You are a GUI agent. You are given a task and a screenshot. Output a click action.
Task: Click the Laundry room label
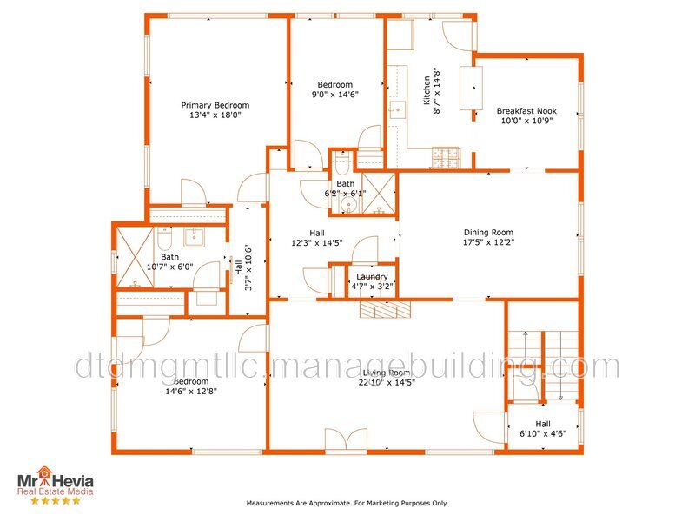pyautogui.click(x=372, y=276)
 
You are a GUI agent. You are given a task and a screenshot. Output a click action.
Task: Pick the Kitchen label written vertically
pyautogui.click(x=427, y=90)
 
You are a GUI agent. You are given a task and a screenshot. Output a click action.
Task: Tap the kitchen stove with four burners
pyautogui.click(x=446, y=158)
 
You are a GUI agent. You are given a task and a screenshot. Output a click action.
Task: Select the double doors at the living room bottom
pyautogui.click(x=346, y=440)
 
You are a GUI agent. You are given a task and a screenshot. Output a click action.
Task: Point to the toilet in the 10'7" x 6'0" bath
pyautogui.click(x=163, y=238)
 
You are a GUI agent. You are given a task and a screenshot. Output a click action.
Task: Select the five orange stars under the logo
pyautogui.click(x=56, y=500)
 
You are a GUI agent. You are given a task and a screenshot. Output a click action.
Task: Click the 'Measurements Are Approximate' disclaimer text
pyautogui.click(x=347, y=503)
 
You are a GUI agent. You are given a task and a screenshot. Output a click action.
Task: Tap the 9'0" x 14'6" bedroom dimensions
pyautogui.click(x=334, y=95)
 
